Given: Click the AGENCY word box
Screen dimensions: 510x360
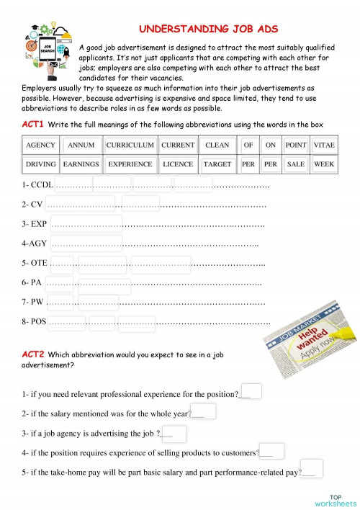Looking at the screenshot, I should coord(40,145).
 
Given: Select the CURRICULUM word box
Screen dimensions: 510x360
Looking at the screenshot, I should coord(130,145).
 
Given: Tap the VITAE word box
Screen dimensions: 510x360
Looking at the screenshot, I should coord(323,145).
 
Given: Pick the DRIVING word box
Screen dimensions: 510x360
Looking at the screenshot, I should coord(40,164).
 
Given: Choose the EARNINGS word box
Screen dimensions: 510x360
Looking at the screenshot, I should coord(81,164).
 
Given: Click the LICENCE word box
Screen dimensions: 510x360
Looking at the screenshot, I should coord(178,164).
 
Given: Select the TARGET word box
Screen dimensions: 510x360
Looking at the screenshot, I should coord(217,164).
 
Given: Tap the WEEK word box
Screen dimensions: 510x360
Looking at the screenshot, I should coord(323,164).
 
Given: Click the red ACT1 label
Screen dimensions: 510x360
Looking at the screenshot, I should coord(33,125).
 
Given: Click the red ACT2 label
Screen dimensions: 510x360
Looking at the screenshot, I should coord(33,354).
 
